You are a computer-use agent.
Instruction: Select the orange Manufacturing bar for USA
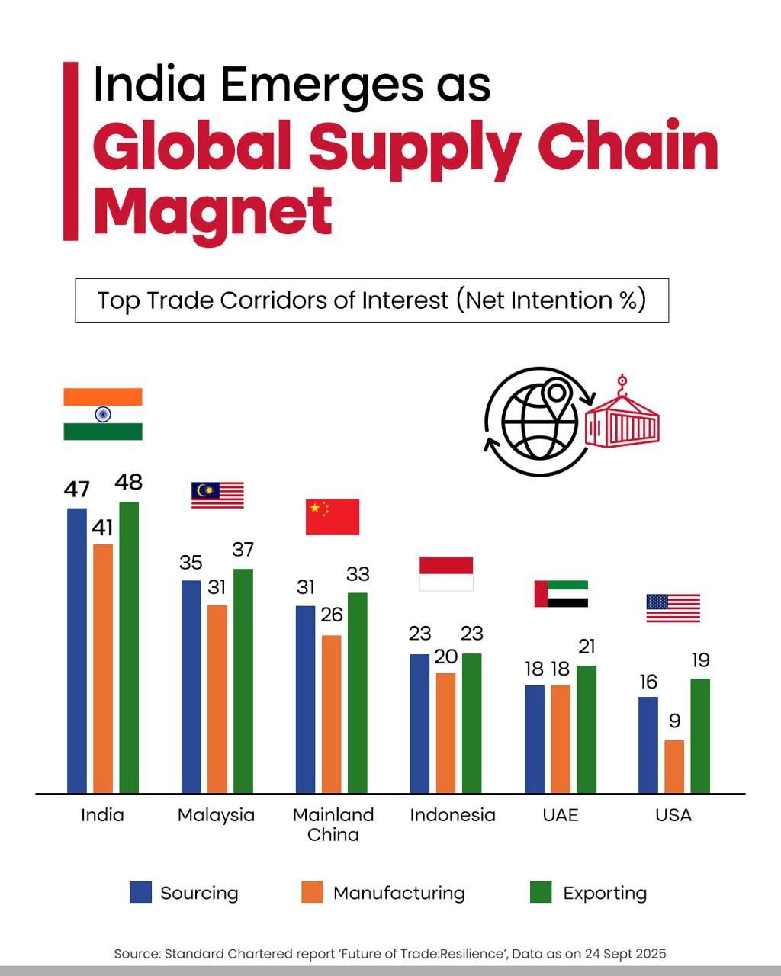click(x=674, y=766)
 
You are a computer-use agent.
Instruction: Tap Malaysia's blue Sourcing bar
click(x=191, y=686)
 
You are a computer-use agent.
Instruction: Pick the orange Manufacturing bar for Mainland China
click(x=331, y=714)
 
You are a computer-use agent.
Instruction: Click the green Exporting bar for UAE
click(x=587, y=729)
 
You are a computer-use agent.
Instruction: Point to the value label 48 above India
click(x=129, y=482)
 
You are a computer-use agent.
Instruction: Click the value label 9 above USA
click(x=674, y=721)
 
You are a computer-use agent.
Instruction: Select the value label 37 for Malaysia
click(x=243, y=549)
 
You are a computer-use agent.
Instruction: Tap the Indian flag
click(x=103, y=414)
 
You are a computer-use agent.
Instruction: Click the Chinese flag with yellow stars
click(x=332, y=517)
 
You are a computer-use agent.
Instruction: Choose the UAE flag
click(x=561, y=594)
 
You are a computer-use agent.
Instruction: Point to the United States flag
click(x=673, y=608)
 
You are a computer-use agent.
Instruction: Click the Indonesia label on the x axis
click(x=452, y=815)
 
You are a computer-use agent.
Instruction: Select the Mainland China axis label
click(x=333, y=824)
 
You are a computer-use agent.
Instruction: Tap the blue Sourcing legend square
click(x=141, y=892)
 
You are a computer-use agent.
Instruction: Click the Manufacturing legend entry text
click(x=399, y=893)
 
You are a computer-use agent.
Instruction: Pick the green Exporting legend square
click(x=541, y=892)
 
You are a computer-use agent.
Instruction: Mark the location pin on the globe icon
click(x=558, y=396)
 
